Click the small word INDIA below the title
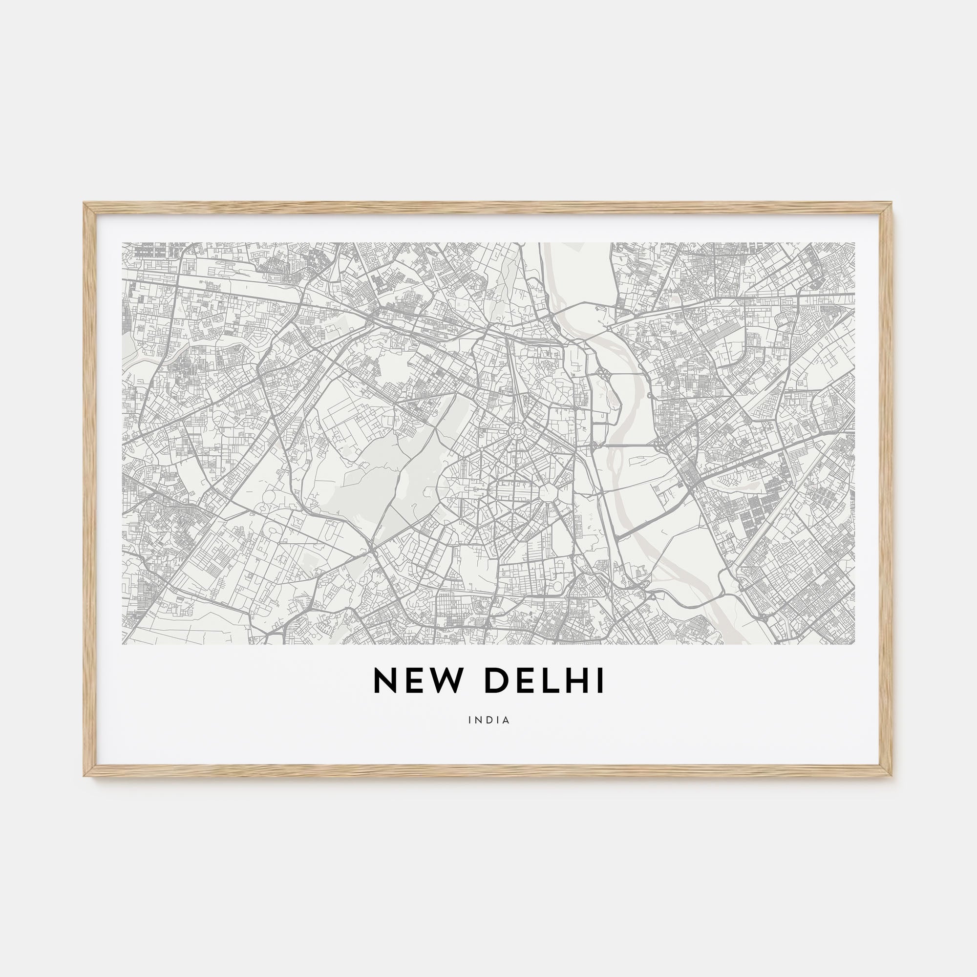click(488, 720)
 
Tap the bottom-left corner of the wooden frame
click(85, 775)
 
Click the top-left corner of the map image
click(123, 243)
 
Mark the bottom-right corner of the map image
click(854, 644)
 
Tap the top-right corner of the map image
click(854, 243)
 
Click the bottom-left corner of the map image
click(123, 644)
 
